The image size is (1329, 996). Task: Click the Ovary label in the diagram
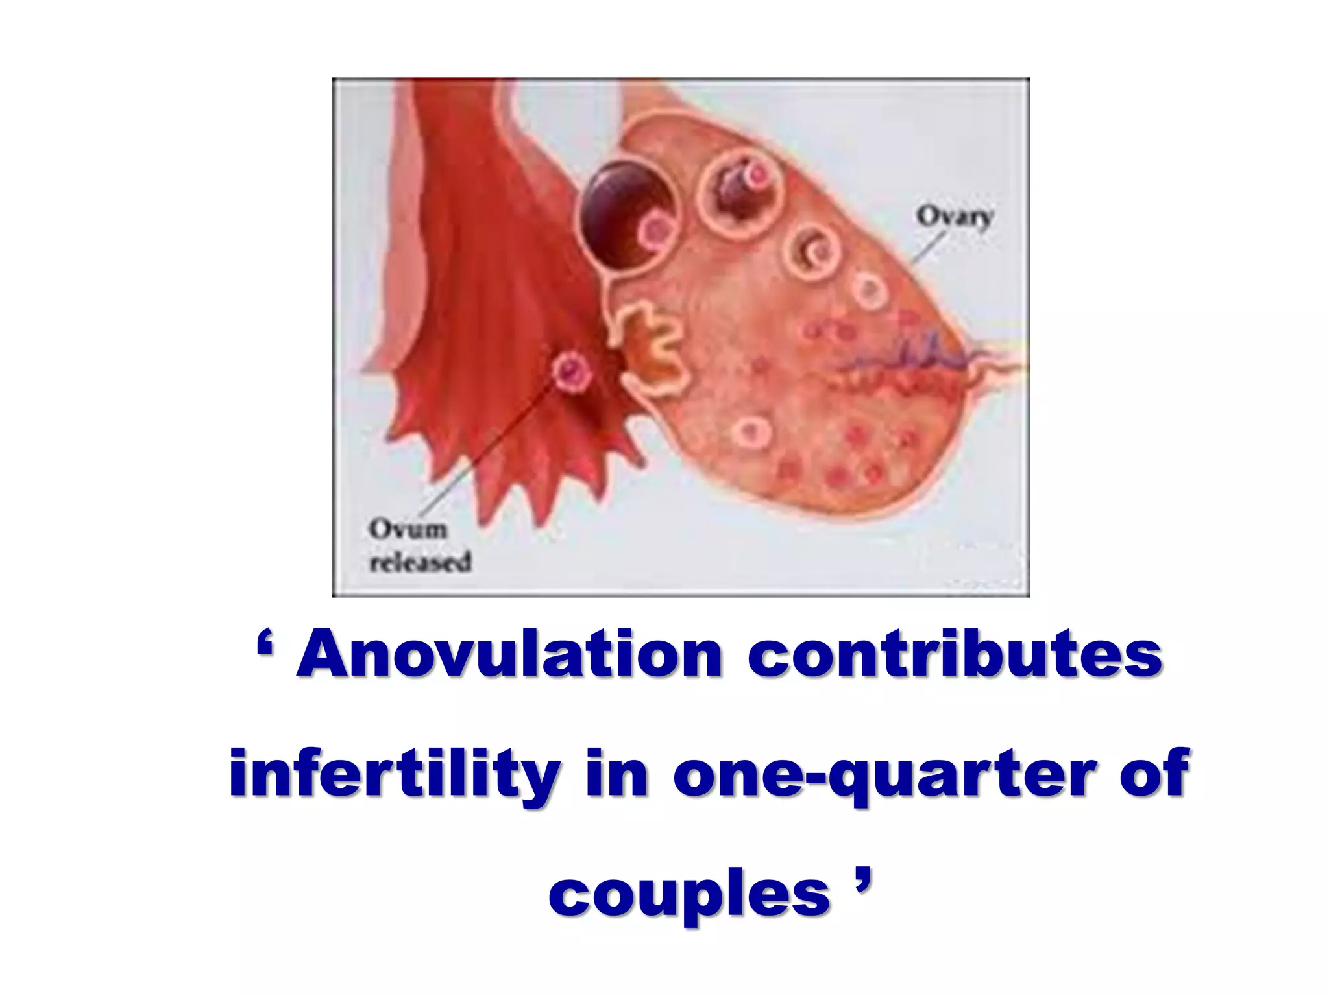[954, 216]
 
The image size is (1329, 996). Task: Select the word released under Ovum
[420, 562]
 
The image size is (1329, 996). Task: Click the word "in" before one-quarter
[616, 774]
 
